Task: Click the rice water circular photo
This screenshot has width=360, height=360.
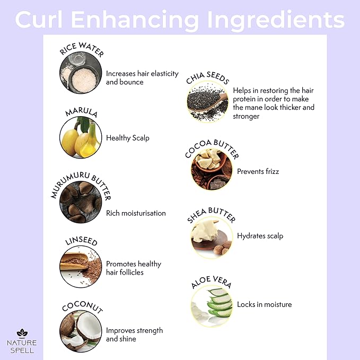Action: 81,73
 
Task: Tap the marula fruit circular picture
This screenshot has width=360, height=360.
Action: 81,137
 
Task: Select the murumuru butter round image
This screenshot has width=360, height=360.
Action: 81,202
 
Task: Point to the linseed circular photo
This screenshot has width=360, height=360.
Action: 81,267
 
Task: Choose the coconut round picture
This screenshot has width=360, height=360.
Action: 81,331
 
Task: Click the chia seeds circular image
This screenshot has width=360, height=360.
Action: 207,101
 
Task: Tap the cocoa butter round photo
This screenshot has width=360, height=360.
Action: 212,169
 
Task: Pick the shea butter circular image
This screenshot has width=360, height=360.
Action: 212,238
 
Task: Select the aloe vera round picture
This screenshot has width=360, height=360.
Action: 212,306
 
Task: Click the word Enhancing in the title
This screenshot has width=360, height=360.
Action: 135,20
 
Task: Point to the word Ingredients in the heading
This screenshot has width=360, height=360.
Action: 276,20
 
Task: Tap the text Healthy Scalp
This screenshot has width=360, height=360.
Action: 128,138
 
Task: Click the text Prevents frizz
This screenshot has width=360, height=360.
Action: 258,171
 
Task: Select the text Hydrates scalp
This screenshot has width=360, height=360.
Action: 260,236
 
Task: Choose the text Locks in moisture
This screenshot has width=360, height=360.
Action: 264,304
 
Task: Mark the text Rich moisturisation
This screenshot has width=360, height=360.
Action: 136,213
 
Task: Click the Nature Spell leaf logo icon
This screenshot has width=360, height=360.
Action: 22,333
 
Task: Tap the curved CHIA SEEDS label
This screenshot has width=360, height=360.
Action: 207,77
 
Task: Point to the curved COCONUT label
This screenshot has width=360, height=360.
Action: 82,306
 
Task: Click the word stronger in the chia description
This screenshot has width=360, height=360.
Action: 246,117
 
